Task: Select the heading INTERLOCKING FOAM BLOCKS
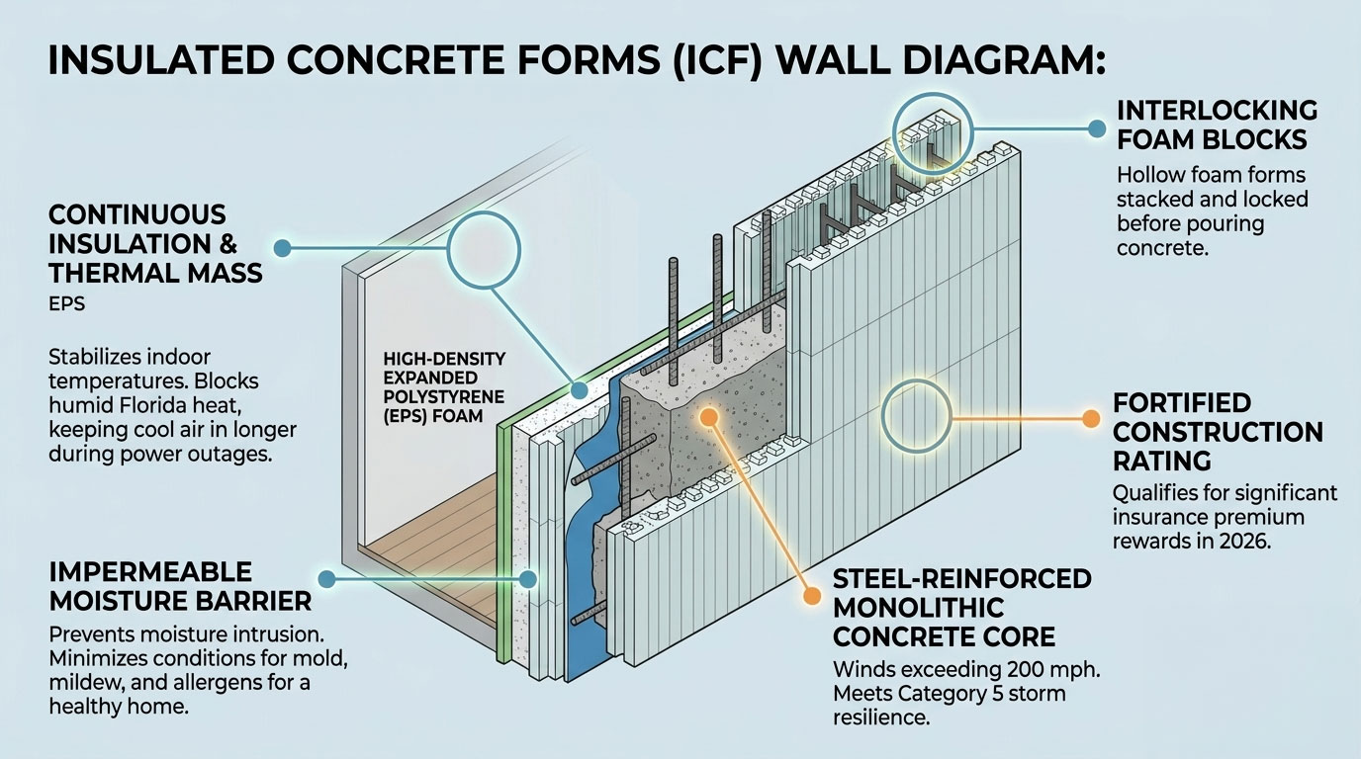1217,124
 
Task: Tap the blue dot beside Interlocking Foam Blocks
1095,127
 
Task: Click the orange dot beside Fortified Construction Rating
1090,419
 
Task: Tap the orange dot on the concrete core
708,418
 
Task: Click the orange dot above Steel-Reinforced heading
811,596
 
